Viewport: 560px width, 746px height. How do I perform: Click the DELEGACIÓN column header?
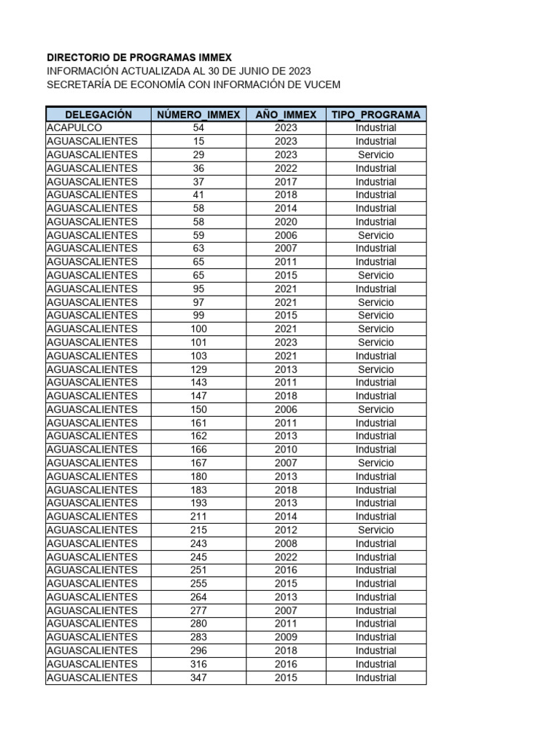98,114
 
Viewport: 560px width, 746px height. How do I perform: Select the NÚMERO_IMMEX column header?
198,114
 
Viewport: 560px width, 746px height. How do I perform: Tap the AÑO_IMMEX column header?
286,114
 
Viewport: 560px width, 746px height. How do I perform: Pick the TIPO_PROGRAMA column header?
376,114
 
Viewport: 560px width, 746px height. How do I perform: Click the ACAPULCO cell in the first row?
75,127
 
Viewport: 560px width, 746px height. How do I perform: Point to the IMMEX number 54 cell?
198,127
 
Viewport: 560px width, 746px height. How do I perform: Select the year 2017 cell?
286,181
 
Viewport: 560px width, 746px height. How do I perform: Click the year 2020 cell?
286,221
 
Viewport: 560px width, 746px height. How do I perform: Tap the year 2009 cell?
286,637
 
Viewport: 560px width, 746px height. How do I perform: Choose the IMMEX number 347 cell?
198,678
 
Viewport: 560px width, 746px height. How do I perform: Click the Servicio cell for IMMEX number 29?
376,154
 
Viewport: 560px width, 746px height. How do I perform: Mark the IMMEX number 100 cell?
198,329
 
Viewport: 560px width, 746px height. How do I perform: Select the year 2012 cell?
286,530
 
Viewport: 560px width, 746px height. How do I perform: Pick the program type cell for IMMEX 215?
376,530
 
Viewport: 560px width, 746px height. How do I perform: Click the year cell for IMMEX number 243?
286,543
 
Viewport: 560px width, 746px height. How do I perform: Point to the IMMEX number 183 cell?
198,490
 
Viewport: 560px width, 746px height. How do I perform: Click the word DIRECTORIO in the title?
80,57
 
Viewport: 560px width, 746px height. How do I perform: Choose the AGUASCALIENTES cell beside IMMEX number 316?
92,664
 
